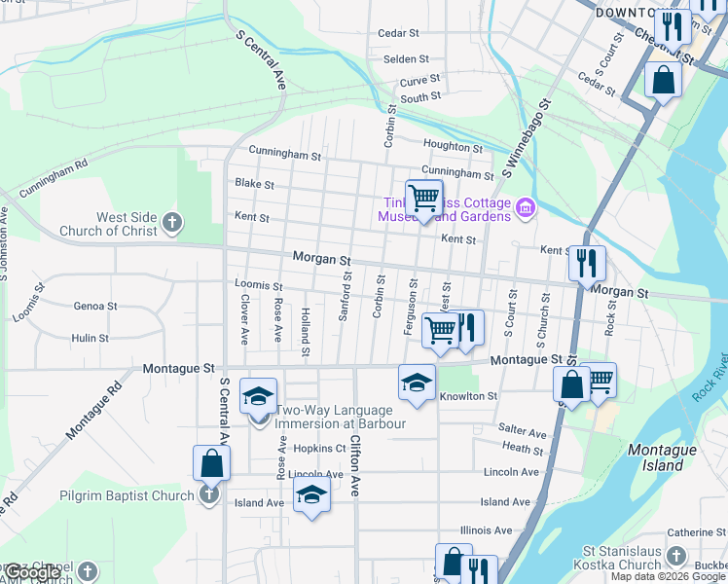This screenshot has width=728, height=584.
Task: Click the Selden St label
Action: pos(406,59)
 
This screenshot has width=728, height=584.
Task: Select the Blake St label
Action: pos(255,184)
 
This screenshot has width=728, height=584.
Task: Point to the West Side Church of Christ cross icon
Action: pos(172,223)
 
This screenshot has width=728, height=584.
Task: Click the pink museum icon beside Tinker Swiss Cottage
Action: pos(527,207)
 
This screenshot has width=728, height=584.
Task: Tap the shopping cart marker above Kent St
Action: pos(423,199)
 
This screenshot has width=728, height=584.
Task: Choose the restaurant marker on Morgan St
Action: pos(587,263)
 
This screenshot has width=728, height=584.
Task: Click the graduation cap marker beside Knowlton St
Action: pos(417,383)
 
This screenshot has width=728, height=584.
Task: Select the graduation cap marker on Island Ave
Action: pos(311,495)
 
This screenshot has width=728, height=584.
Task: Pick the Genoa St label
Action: pos(95,306)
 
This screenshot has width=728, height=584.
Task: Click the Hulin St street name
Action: pos(90,338)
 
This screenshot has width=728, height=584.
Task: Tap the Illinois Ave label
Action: pos(487,530)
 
